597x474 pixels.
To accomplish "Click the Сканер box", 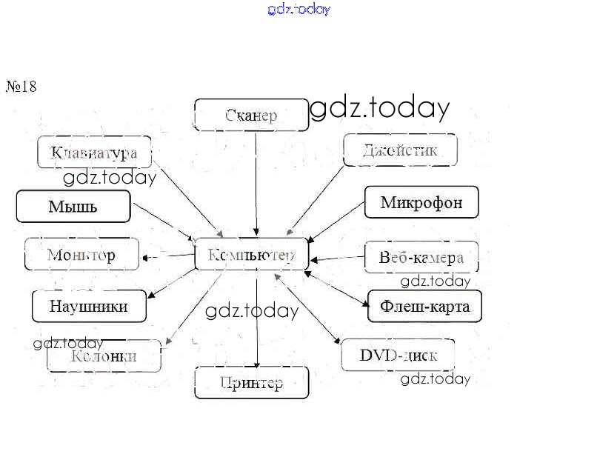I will click(x=251, y=115).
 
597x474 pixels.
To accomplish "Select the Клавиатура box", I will click(x=94, y=153).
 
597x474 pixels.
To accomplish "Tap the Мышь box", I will click(x=73, y=206).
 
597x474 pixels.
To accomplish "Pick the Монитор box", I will click(x=81, y=255).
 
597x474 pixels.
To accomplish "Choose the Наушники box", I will click(x=88, y=306).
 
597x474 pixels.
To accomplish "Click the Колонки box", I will click(x=104, y=355).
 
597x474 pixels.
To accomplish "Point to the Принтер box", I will click(x=251, y=382).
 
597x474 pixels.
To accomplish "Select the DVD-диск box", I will click(x=398, y=355).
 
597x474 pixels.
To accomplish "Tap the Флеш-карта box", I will click(x=424, y=306).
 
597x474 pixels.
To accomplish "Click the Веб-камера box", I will click(x=421, y=257).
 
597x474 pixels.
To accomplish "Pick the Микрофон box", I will click(x=421, y=202).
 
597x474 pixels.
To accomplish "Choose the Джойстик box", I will click(x=400, y=150).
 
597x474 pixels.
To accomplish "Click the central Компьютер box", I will click(x=251, y=255).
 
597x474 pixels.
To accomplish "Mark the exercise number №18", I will click(x=21, y=87).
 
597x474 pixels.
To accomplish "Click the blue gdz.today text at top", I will click(x=298, y=9).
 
